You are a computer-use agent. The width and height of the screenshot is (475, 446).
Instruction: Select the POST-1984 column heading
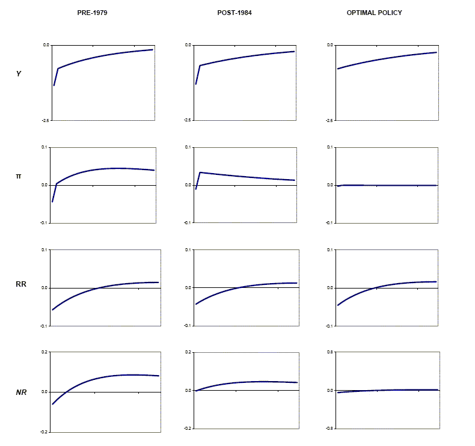pyautogui.click(x=234, y=13)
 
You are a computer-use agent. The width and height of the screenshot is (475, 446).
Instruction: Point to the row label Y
pyautogui.click(x=19, y=73)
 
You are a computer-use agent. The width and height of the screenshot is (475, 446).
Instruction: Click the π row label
pyautogui.click(x=19, y=176)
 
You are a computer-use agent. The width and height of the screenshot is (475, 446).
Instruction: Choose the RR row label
pyautogui.click(x=20, y=284)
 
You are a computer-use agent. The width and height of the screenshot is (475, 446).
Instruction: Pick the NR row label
pyautogui.click(x=20, y=393)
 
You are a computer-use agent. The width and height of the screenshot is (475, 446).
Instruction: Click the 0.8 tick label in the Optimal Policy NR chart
pyautogui.click(x=330, y=352)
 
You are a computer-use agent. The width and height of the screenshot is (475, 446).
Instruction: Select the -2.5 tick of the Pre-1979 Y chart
pyautogui.click(x=45, y=121)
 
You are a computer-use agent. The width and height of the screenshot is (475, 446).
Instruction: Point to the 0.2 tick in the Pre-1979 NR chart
pyautogui.click(x=44, y=352)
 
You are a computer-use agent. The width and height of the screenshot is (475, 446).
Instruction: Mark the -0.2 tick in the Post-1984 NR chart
pyautogui.click(x=187, y=428)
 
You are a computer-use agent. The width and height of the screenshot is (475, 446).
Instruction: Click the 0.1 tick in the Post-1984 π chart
pyautogui.click(x=188, y=147)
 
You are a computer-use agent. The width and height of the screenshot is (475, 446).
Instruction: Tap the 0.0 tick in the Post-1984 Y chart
pyautogui.click(x=188, y=45)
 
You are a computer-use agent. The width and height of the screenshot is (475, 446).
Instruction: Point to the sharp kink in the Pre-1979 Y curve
pyautogui.click(x=58, y=69)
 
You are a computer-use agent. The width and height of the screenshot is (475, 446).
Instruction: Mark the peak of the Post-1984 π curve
pyautogui.click(x=200, y=173)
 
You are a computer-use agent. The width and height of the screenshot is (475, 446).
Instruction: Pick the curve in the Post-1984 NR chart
pyautogui.click(x=241, y=382)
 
